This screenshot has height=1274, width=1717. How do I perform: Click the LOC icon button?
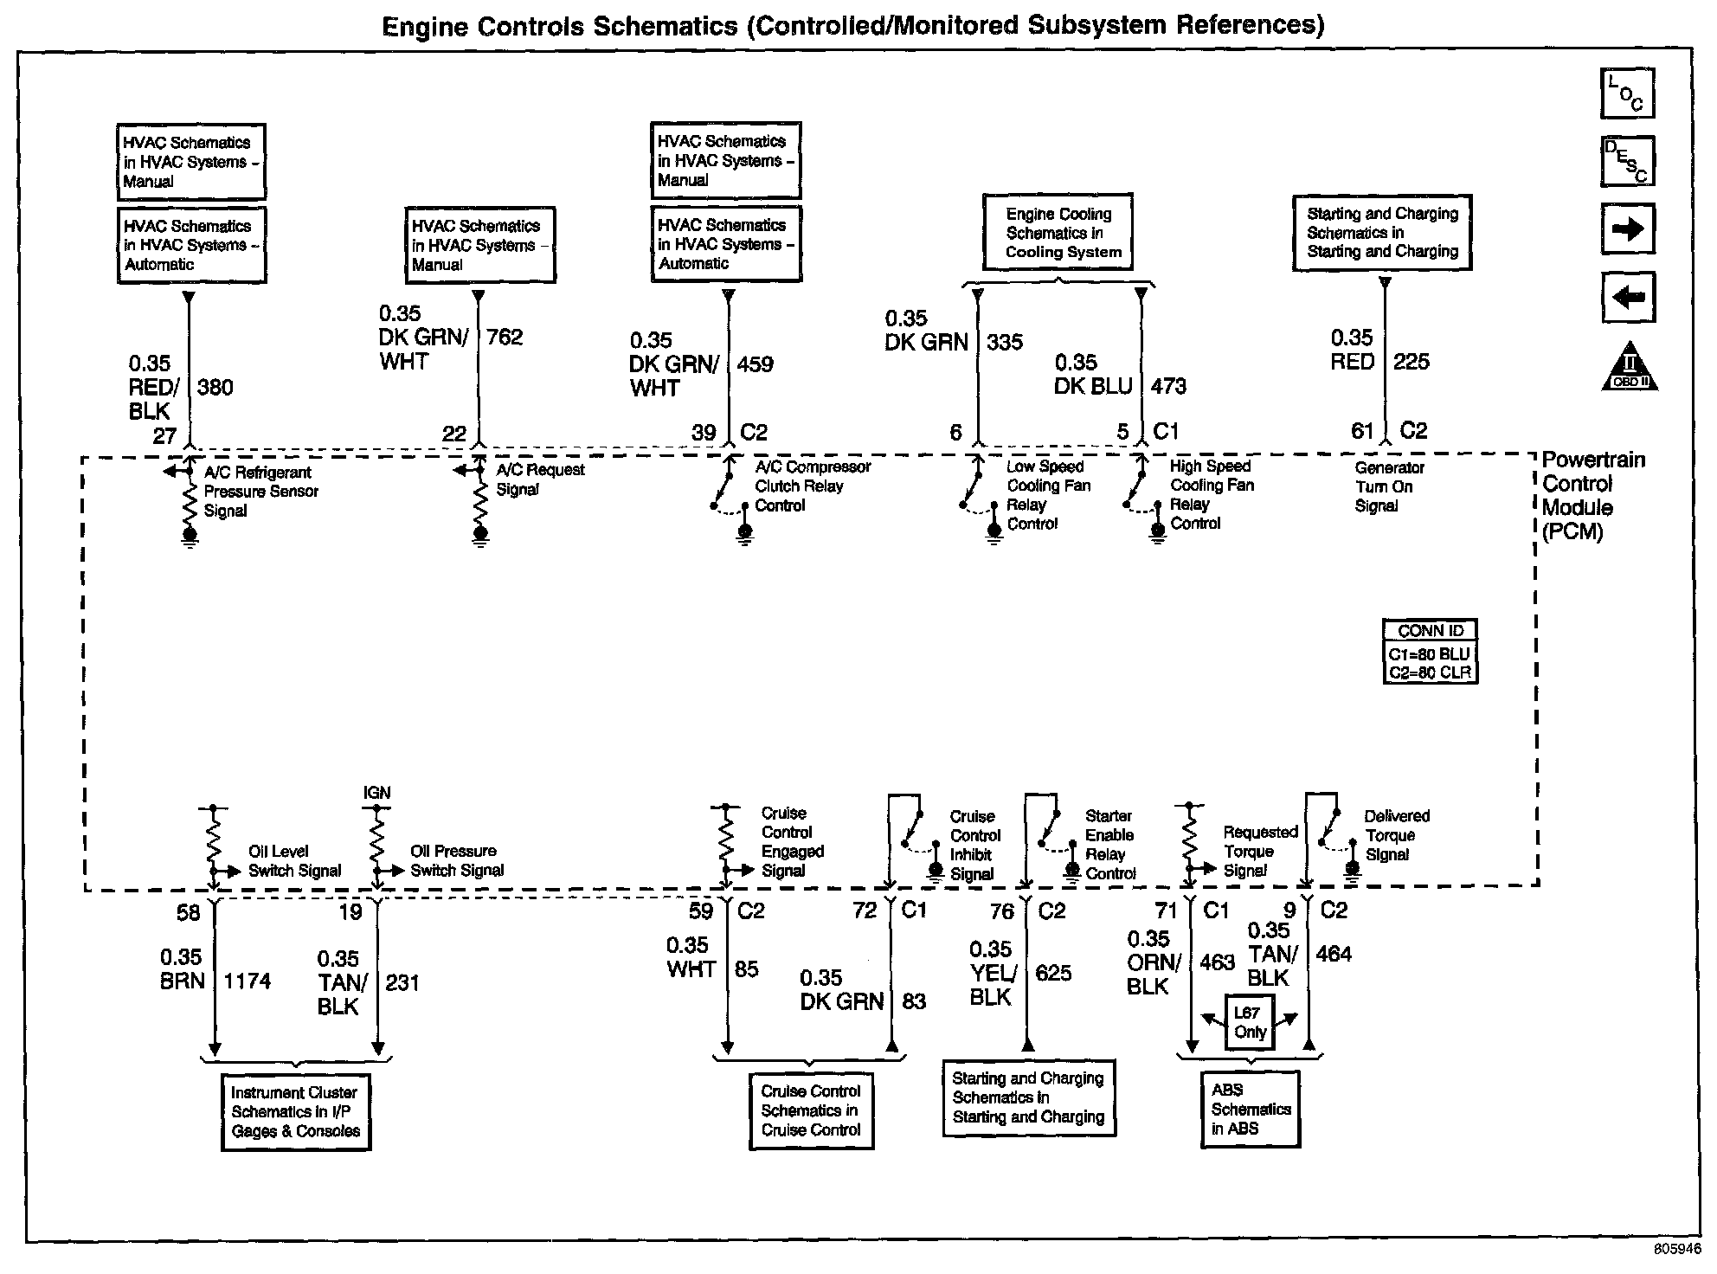(1627, 93)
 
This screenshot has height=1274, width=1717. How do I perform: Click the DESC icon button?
(1627, 161)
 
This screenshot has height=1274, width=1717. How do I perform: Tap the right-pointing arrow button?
(1627, 228)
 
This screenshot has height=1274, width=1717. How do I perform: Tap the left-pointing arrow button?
(1627, 298)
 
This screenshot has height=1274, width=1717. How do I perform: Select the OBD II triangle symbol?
(1630, 367)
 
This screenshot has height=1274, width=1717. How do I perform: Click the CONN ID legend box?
(1430, 653)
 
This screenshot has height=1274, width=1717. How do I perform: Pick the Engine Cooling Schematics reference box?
(1058, 233)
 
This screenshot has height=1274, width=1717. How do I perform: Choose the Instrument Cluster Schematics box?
(295, 1112)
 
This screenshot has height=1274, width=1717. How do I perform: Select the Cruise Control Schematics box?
(811, 1110)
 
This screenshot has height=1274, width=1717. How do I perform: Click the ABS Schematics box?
(1251, 1110)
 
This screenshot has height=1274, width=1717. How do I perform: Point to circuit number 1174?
(247, 981)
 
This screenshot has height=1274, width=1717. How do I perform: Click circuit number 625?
(1053, 974)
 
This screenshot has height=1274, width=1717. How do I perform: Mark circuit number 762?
(505, 338)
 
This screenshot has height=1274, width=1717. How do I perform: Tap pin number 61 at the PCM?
(1362, 431)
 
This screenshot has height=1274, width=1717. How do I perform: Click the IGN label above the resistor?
(376, 793)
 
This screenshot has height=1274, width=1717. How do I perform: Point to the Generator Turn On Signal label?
(1388, 486)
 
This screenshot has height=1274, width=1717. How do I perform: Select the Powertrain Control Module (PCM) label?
(1592, 496)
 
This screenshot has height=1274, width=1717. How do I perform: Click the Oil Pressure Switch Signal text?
(456, 861)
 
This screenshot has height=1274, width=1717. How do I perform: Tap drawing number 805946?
(1676, 1250)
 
